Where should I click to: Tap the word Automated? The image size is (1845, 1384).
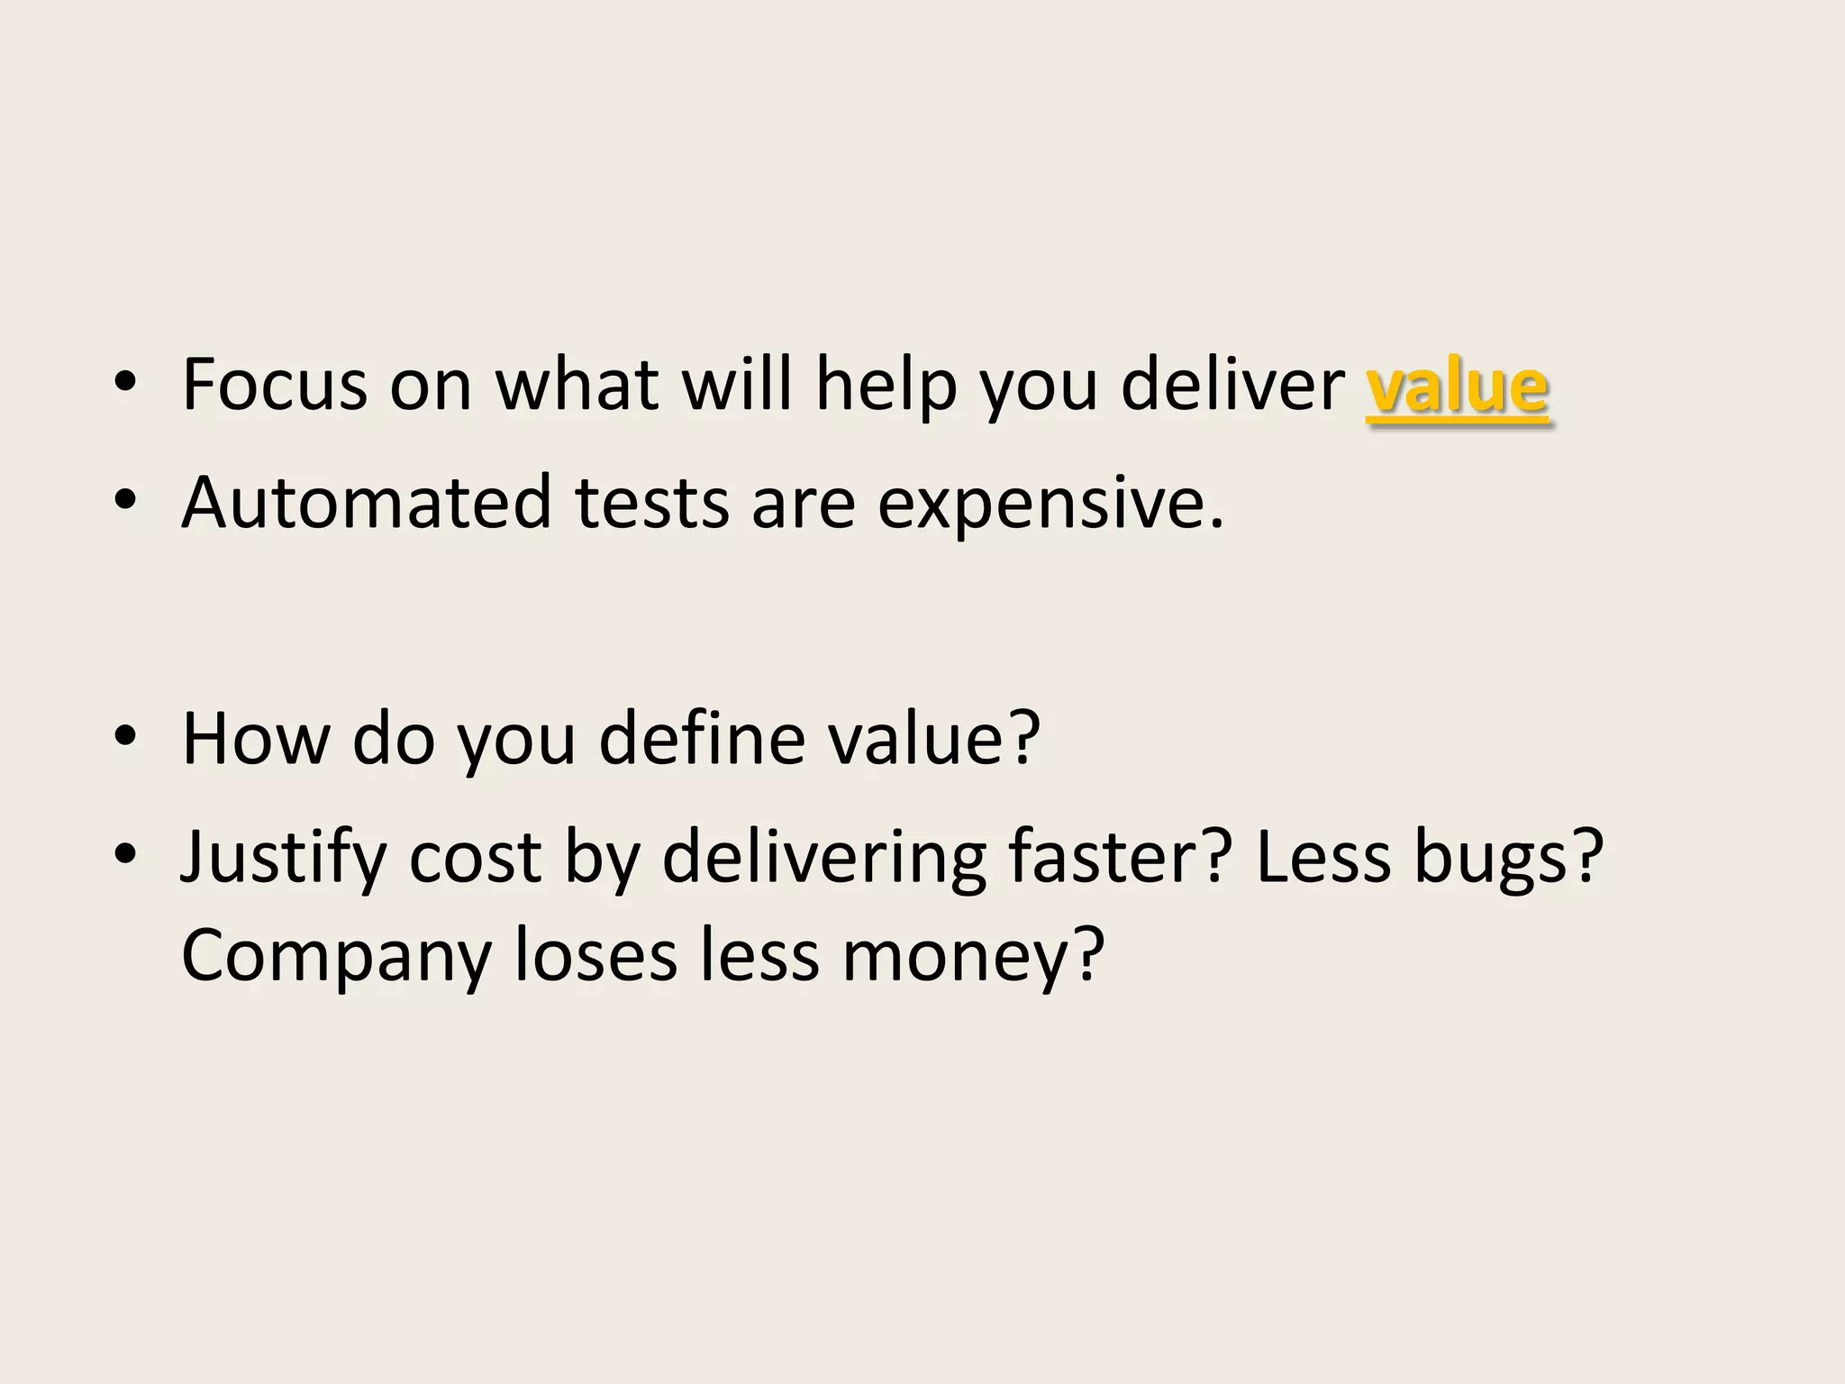pyautogui.click(x=366, y=502)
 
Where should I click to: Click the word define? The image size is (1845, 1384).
pyautogui.click(x=702, y=738)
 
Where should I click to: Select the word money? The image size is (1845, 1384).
pyautogui.click(x=973, y=957)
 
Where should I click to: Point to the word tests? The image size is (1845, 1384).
pyautogui.click(x=652, y=503)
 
